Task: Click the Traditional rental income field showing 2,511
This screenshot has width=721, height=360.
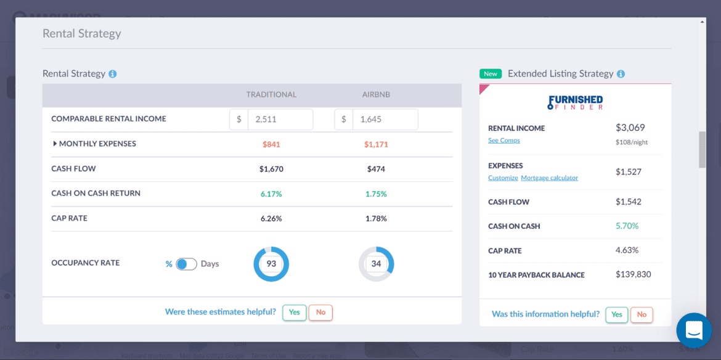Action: click(x=279, y=120)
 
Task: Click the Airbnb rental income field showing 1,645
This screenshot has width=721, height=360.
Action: click(x=385, y=120)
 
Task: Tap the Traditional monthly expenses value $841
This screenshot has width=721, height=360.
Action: click(x=271, y=144)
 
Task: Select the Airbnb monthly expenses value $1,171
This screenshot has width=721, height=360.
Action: click(x=376, y=144)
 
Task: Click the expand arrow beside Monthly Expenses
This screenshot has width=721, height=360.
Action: click(x=55, y=144)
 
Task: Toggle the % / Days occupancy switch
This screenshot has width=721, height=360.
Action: click(x=186, y=264)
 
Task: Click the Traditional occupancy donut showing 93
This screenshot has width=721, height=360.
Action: click(x=271, y=264)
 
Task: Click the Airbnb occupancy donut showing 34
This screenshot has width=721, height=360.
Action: click(x=376, y=264)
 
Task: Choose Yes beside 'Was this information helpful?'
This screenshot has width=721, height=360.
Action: click(x=617, y=314)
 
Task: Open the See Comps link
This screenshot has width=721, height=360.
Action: click(x=504, y=141)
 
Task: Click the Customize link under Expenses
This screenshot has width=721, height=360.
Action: click(x=503, y=178)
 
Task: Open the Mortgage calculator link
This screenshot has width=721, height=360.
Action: click(x=550, y=178)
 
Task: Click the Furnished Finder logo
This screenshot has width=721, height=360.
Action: click(x=575, y=102)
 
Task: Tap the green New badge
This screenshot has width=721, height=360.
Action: click(x=491, y=73)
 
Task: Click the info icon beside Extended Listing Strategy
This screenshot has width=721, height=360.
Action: click(x=621, y=74)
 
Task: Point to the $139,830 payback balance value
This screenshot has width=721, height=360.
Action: click(x=633, y=274)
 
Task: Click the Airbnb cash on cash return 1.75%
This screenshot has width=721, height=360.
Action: click(x=376, y=194)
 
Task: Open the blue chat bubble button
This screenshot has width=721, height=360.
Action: click(x=694, y=330)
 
